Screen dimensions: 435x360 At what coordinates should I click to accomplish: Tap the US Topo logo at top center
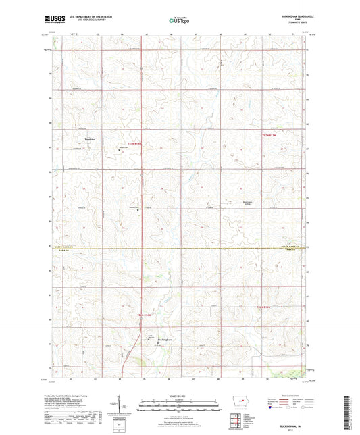point(178,21)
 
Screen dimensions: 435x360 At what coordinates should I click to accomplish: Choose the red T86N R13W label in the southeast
point(267,307)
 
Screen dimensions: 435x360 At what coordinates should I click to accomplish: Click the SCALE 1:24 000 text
point(179,396)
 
